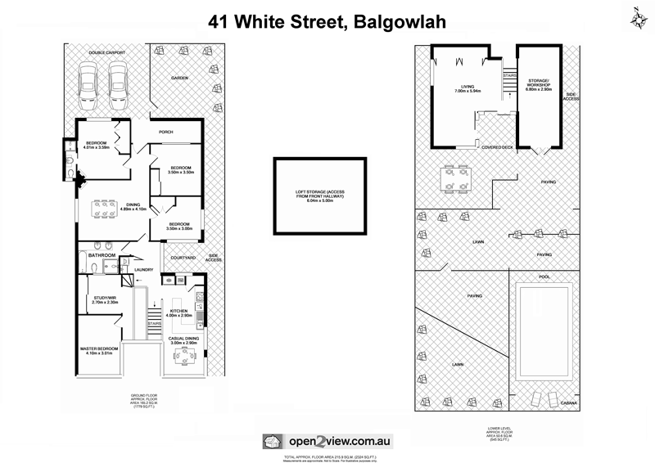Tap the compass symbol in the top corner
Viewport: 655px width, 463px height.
(637, 16)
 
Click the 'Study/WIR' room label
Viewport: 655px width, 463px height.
(105, 300)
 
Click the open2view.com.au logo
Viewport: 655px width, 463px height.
(327, 439)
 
